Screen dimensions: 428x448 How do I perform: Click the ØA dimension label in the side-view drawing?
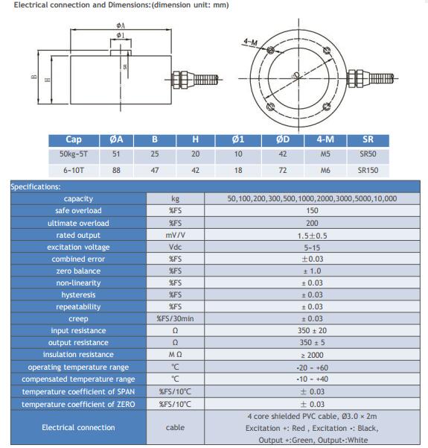pyautogui.click(x=121, y=25)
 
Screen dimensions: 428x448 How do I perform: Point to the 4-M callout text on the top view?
pyautogui.click(x=250, y=42)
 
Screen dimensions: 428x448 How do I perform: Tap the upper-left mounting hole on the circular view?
pyautogui.click(x=270, y=51)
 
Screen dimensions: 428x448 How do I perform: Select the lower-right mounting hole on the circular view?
pyautogui.click(x=327, y=107)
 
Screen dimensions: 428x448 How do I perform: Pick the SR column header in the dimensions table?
pyautogui.click(x=368, y=139)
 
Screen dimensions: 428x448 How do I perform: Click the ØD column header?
pyautogui.click(x=283, y=139)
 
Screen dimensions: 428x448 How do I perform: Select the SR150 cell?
pyautogui.click(x=368, y=170)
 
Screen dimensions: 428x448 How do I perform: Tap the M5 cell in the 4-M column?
pyautogui.click(x=325, y=154)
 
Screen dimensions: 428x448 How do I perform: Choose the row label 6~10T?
pyautogui.click(x=74, y=170)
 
